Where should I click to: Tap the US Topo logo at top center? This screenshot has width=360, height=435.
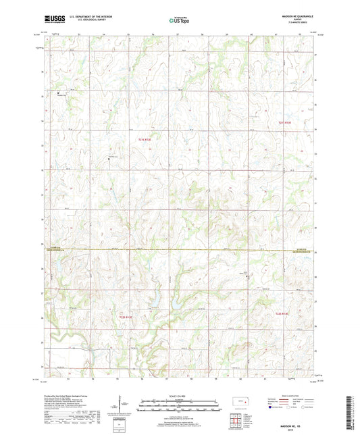[x=180, y=22]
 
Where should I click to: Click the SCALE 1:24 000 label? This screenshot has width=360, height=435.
[x=180, y=396]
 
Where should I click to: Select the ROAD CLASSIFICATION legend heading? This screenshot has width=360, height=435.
[x=294, y=396]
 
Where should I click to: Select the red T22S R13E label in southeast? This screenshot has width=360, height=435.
[x=282, y=313]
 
